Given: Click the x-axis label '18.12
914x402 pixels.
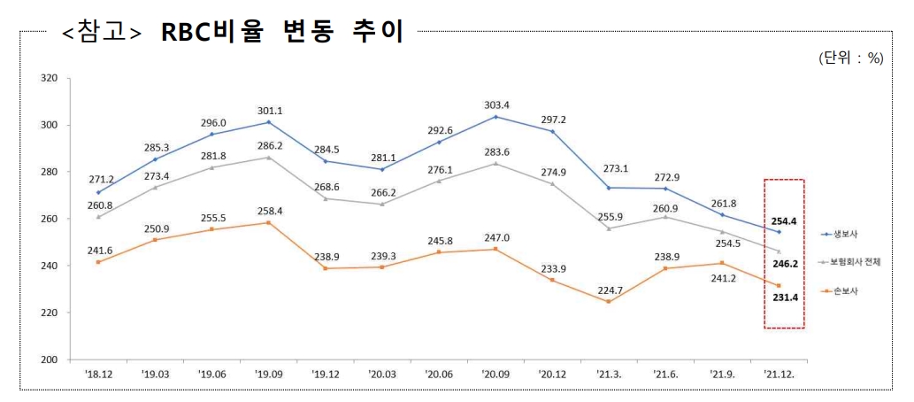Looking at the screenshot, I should [x=98, y=375].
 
